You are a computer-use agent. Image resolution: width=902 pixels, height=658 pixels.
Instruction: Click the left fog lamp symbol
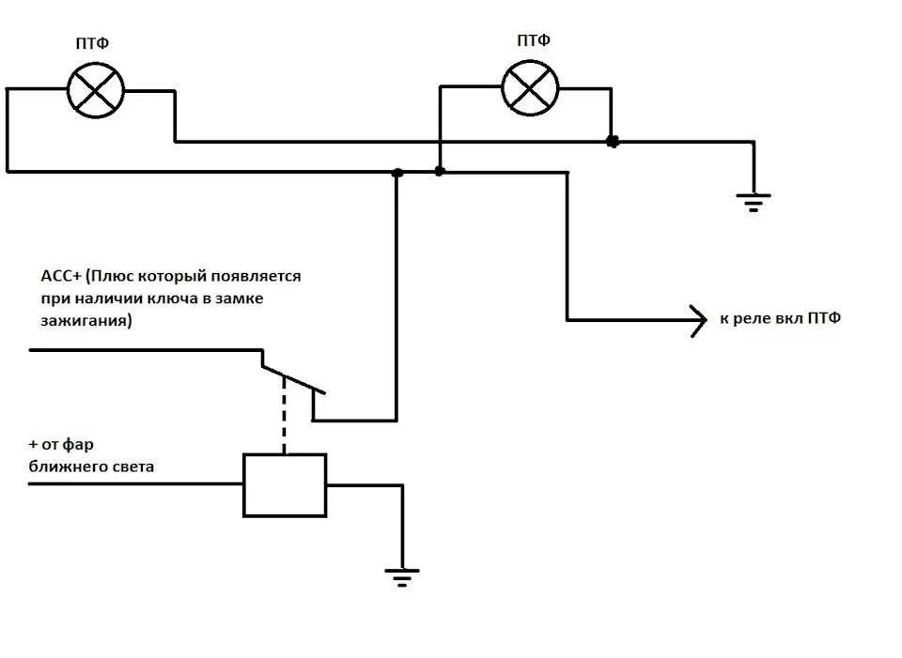click(95, 90)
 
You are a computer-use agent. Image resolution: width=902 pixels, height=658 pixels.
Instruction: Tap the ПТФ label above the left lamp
click(96, 43)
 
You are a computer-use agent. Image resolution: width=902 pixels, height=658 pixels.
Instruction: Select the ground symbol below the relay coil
click(402, 574)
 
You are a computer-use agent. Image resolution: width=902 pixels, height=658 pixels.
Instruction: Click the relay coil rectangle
click(285, 485)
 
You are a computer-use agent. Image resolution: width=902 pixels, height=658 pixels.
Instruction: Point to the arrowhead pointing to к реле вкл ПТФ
click(698, 320)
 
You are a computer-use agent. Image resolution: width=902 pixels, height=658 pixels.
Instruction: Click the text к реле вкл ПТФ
click(780, 319)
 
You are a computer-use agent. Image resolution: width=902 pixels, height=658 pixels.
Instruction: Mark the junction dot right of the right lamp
click(613, 142)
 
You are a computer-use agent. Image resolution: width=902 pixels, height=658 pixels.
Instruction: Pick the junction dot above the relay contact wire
click(397, 173)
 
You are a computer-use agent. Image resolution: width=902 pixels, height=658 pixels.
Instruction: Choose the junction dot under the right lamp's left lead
click(439, 172)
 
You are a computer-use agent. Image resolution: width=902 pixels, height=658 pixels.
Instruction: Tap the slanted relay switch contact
click(293, 378)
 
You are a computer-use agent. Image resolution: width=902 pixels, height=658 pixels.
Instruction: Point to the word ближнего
click(71, 466)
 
